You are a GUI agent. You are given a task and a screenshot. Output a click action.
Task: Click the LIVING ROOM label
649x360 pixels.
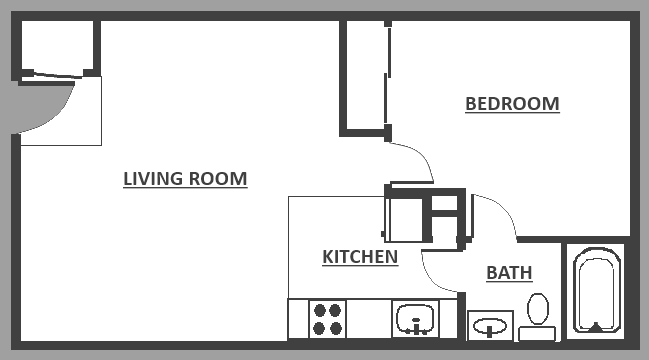(185, 179)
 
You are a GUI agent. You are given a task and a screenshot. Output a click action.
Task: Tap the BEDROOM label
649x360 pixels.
(512, 104)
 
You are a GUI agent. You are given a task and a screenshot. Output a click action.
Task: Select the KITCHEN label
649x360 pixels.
(360, 257)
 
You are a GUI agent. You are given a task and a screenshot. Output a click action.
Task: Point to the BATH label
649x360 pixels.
(509, 272)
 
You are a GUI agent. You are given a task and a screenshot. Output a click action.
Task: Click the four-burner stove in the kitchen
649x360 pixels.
(328, 319)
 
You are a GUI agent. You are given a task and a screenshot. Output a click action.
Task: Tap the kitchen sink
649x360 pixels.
(414, 319)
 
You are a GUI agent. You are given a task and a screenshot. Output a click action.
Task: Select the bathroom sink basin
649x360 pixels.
(490, 326)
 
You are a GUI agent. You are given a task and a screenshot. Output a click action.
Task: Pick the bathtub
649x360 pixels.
(596, 290)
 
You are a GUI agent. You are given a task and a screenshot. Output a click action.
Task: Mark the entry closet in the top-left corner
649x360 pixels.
(57, 46)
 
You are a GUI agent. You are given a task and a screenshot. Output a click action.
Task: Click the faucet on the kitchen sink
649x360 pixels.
(415, 325)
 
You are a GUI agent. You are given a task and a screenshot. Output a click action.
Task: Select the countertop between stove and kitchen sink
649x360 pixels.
(368, 319)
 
